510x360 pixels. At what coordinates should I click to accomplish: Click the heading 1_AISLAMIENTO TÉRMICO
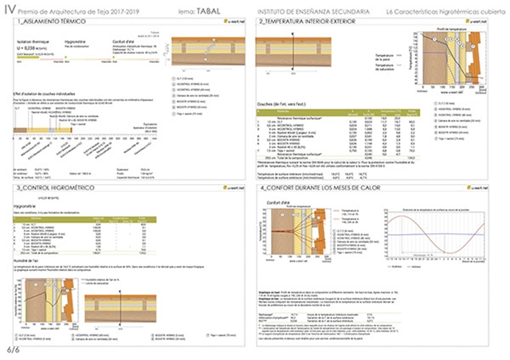click(x=45, y=22)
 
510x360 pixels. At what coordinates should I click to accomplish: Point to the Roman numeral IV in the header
click(x=9, y=10)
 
